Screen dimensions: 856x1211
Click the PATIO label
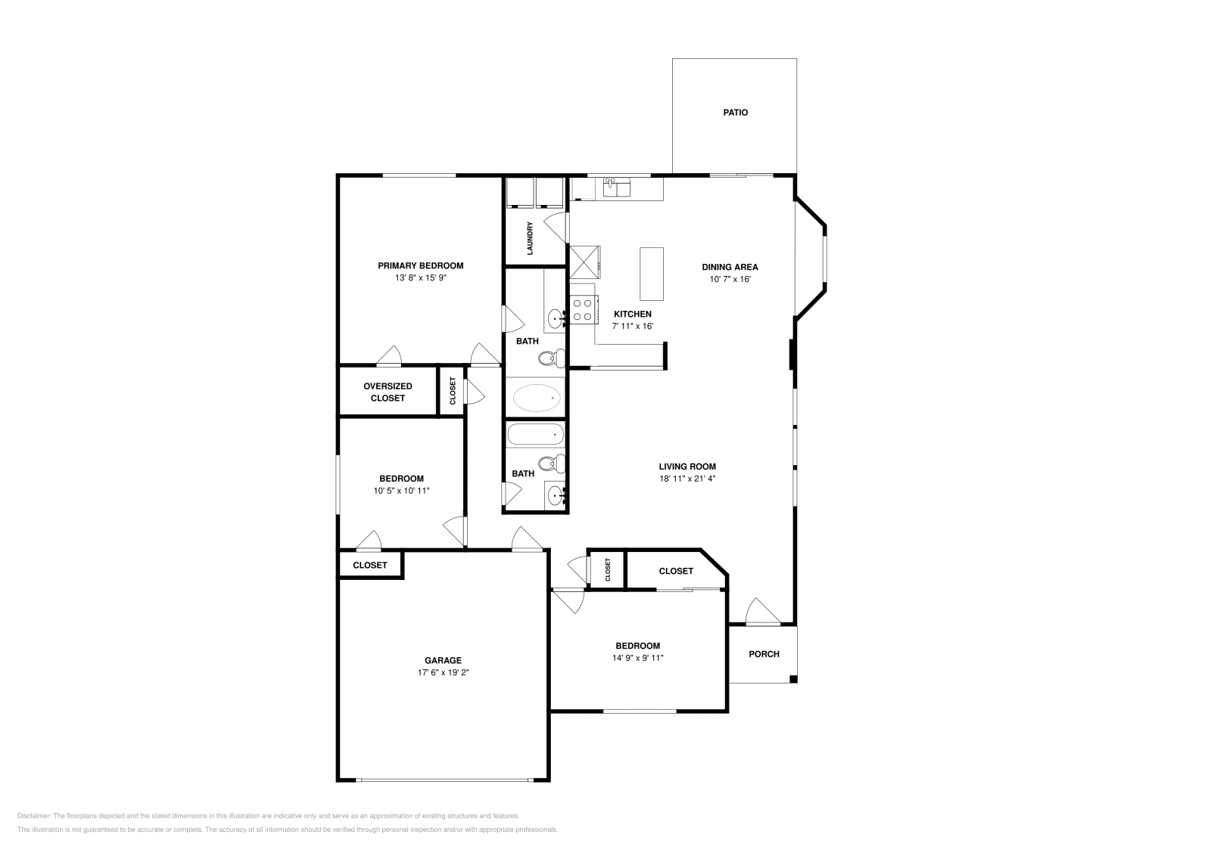click(x=735, y=113)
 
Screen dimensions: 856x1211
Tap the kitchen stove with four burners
click(x=583, y=310)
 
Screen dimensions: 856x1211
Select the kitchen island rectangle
click(x=651, y=273)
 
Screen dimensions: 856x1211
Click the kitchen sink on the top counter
click(x=618, y=186)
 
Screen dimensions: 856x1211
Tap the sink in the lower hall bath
click(x=556, y=497)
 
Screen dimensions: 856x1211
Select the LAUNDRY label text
click(x=531, y=237)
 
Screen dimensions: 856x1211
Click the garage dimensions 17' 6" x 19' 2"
click(x=443, y=672)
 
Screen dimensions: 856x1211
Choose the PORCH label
click(x=764, y=654)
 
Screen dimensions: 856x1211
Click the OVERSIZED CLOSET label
click(x=388, y=392)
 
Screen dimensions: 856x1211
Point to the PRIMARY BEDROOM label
click(x=420, y=265)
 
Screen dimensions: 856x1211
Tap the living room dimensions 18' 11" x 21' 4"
click(x=687, y=479)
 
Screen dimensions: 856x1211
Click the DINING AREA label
click(x=730, y=267)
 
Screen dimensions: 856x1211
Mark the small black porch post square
click(x=793, y=679)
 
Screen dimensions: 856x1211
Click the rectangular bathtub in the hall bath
click(x=535, y=435)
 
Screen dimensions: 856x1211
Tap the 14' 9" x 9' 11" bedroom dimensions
click(x=637, y=658)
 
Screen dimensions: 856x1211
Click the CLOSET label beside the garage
click(x=369, y=565)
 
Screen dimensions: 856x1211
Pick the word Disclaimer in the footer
click(x=33, y=816)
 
